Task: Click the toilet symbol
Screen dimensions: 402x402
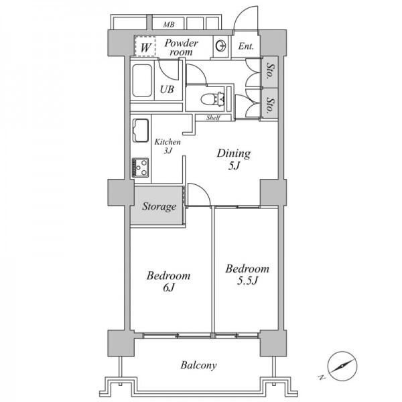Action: click(213, 98)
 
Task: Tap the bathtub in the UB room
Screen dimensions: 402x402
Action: click(142, 80)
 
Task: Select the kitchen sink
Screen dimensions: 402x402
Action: click(141, 131)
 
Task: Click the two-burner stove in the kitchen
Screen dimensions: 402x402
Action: click(140, 167)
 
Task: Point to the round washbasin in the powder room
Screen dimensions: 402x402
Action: click(221, 46)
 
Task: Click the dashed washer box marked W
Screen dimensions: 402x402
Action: click(145, 46)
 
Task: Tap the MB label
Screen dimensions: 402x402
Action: click(169, 25)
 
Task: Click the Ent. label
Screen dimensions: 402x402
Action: click(246, 46)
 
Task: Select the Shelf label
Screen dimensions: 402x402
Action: click(213, 118)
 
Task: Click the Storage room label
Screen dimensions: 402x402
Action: click(159, 206)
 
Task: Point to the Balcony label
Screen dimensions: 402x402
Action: click(199, 365)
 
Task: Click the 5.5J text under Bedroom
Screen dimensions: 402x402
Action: click(247, 281)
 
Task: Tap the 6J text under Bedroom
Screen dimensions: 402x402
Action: click(168, 287)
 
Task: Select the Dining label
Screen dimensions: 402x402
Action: click(234, 153)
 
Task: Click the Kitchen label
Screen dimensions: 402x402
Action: click(167, 142)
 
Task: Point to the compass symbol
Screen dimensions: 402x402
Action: click(342, 366)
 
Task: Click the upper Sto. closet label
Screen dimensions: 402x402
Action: click(270, 70)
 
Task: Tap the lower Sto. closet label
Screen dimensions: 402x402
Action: click(270, 105)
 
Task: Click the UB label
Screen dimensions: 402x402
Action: click(167, 90)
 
